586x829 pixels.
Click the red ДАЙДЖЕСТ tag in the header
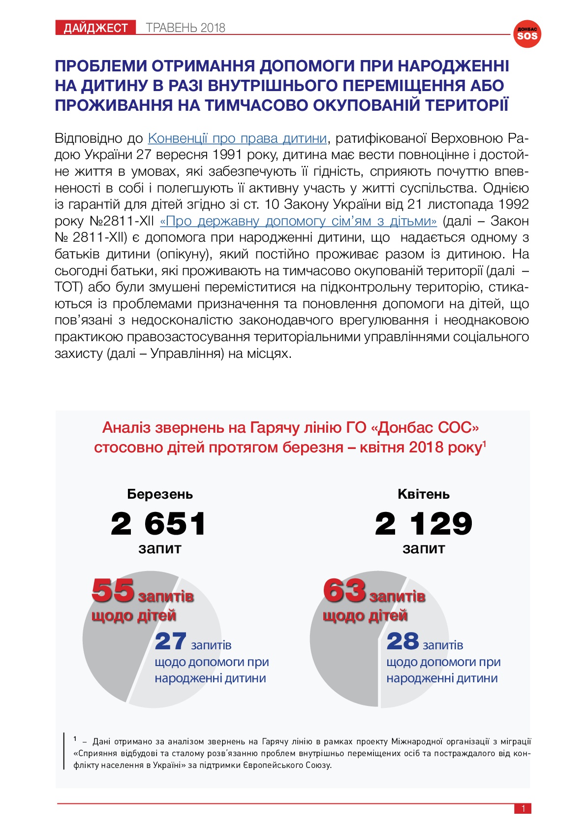(x=95, y=28)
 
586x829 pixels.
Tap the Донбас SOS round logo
(x=527, y=34)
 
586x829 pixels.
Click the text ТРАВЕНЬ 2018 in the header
(x=185, y=28)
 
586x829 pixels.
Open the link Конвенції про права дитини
(x=237, y=138)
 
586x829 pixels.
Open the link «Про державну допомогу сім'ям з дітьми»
(x=298, y=221)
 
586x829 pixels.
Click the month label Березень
(x=160, y=494)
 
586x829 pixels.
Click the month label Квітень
(x=424, y=494)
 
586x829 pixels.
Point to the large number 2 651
(x=158, y=523)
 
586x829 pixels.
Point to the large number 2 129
(x=423, y=523)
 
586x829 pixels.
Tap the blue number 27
(x=171, y=641)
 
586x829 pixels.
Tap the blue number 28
(x=402, y=641)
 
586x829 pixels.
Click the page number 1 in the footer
(x=523, y=808)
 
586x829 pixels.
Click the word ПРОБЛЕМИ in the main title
(x=100, y=66)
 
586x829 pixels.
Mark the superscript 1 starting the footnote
(x=75, y=738)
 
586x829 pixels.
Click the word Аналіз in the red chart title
(x=126, y=427)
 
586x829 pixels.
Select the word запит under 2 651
(x=160, y=548)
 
